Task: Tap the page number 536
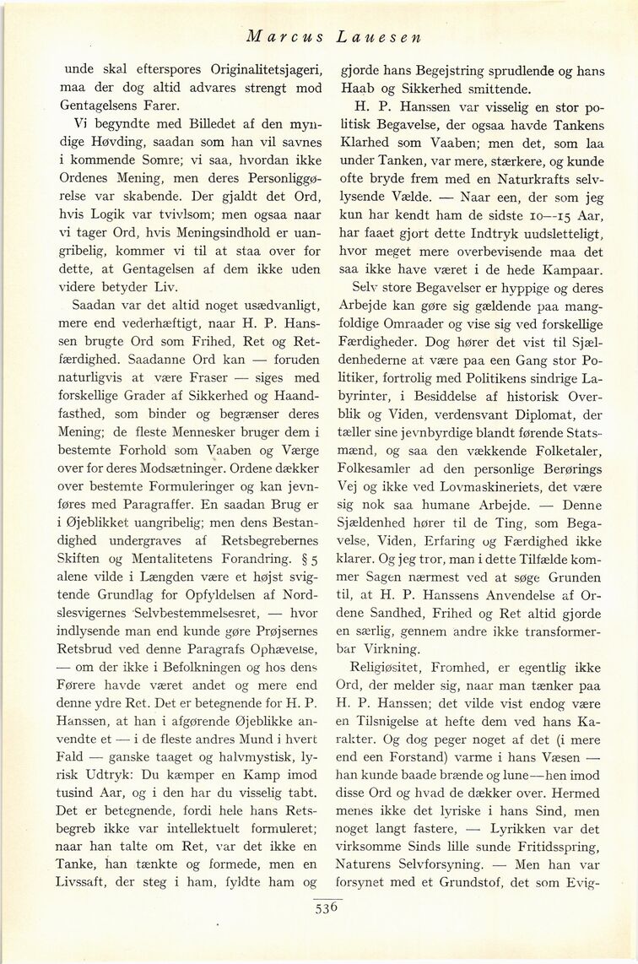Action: point(327,908)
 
